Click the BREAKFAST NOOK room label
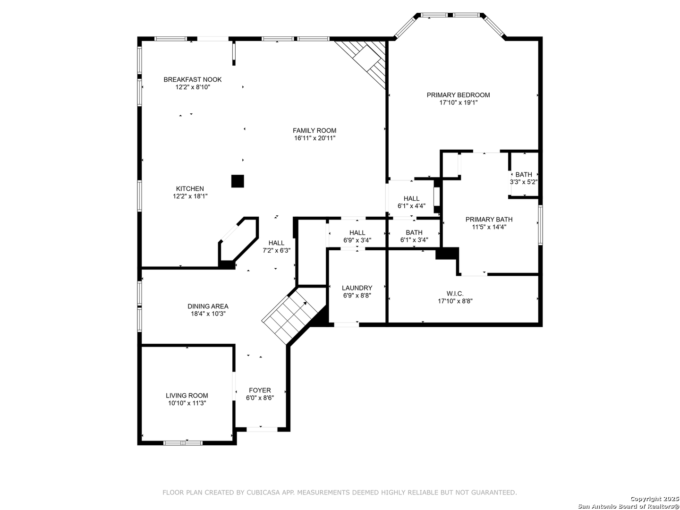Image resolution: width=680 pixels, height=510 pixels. pos(192,80)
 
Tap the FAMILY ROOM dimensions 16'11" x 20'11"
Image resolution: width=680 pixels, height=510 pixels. pos(315,138)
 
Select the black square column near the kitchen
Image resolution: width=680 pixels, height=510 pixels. pos(238,181)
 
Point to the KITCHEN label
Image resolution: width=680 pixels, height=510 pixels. pos(190,188)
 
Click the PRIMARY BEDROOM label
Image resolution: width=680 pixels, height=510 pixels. pos(458,95)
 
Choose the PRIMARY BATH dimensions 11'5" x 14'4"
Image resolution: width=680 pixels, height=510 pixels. pos(489,227)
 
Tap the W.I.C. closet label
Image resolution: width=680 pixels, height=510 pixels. pos(455,293)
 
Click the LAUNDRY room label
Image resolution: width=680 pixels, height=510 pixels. pos(357,288)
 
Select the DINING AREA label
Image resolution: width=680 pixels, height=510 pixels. pos(208,306)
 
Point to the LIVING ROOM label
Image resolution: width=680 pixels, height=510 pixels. pos(187,395)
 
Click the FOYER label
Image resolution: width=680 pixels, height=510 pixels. pos(260,390)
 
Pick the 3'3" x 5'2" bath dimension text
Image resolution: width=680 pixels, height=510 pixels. pos(524,182)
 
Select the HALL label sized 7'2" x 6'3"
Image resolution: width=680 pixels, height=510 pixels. pos(276,243)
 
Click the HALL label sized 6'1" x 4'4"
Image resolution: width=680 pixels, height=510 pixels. pos(411,198)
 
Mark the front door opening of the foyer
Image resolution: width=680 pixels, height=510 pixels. pos(262,430)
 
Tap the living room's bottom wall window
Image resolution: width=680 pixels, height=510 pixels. pos(183,443)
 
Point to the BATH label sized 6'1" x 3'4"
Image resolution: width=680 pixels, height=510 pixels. pos(414,232)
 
